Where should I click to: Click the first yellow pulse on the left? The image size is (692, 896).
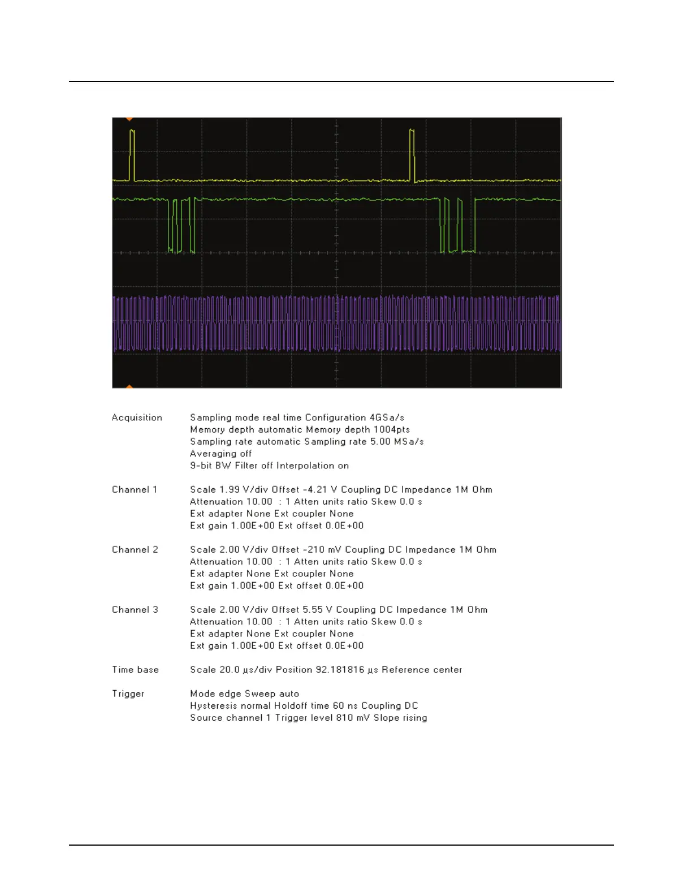[x=132, y=154]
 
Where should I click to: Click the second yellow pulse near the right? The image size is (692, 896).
[x=412, y=154]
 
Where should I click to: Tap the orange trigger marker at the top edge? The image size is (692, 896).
[x=129, y=119]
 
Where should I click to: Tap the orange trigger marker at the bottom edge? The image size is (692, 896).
[x=129, y=386]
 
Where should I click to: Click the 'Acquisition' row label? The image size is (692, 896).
[x=137, y=417]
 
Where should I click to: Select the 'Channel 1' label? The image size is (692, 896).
[x=135, y=489]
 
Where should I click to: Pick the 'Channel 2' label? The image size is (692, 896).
[x=135, y=549]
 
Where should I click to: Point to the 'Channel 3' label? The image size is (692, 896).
[x=135, y=609]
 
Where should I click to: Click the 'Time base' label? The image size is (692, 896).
[x=135, y=670]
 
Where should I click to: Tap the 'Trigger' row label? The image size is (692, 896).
[x=128, y=693]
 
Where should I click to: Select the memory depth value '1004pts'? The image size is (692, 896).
[x=392, y=429]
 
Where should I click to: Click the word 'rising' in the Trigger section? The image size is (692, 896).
[x=414, y=718]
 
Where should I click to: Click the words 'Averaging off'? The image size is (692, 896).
[x=221, y=454]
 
